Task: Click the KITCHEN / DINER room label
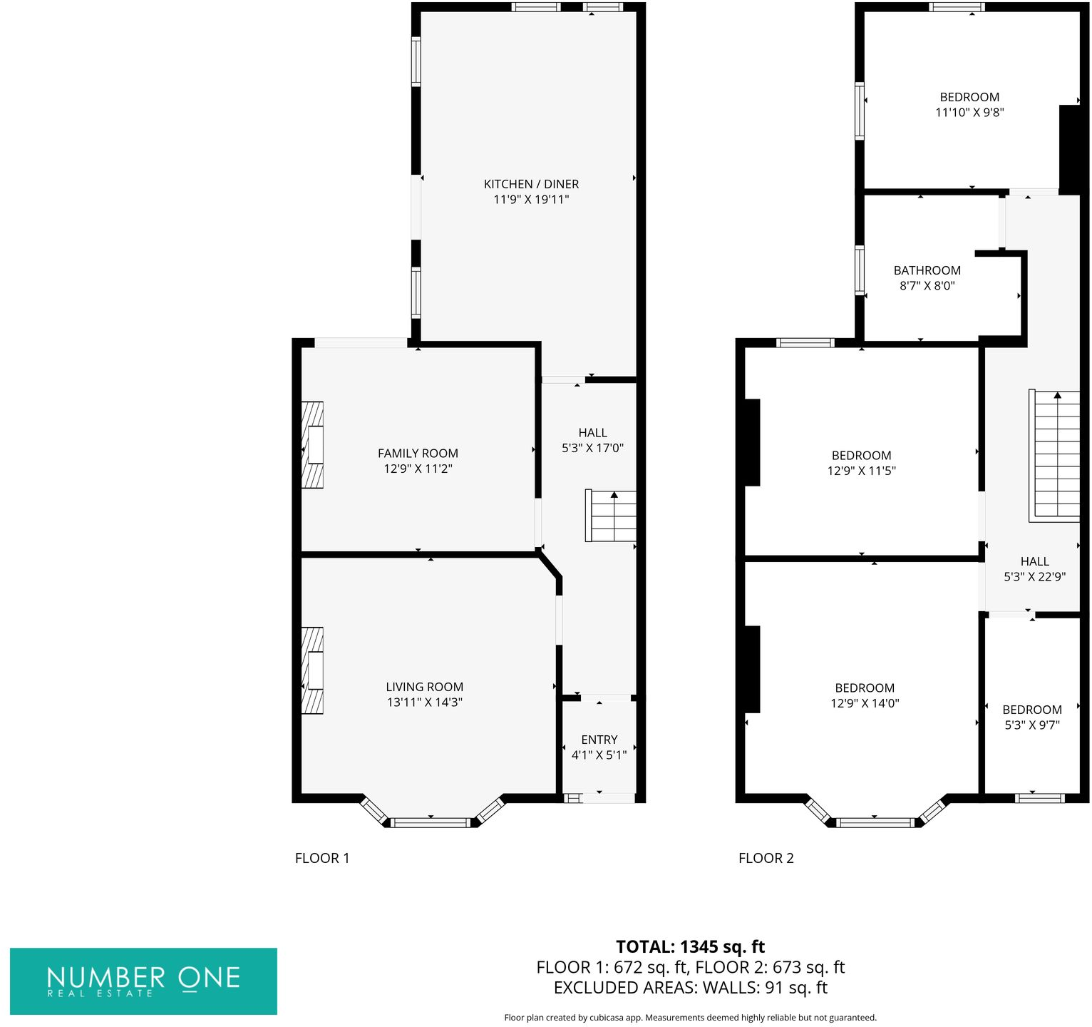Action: click(531, 184)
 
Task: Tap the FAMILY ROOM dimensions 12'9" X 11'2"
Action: click(418, 469)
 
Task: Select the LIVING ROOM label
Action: click(425, 687)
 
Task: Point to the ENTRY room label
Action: click(599, 740)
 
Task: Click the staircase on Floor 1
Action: click(611, 516)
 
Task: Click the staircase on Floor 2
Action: click(1054, 455)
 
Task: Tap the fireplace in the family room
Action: click(313, 445)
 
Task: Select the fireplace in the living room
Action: click(313, 670)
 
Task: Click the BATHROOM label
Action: click(927, 270)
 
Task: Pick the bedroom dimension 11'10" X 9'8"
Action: click(969, 112)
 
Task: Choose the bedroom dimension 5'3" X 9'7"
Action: click(1032, 725)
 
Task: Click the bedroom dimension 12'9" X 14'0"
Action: click(865, 703)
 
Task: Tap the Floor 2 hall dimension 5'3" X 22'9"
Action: click(1034, 577)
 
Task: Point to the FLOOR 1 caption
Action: click(322, 858)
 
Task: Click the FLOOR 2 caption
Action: click(766, 858)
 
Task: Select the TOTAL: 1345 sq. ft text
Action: click(690, 947)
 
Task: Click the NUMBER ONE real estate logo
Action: click(143, 981)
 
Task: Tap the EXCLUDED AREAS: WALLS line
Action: click(690, 988)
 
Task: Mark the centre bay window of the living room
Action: click(431, 823)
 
